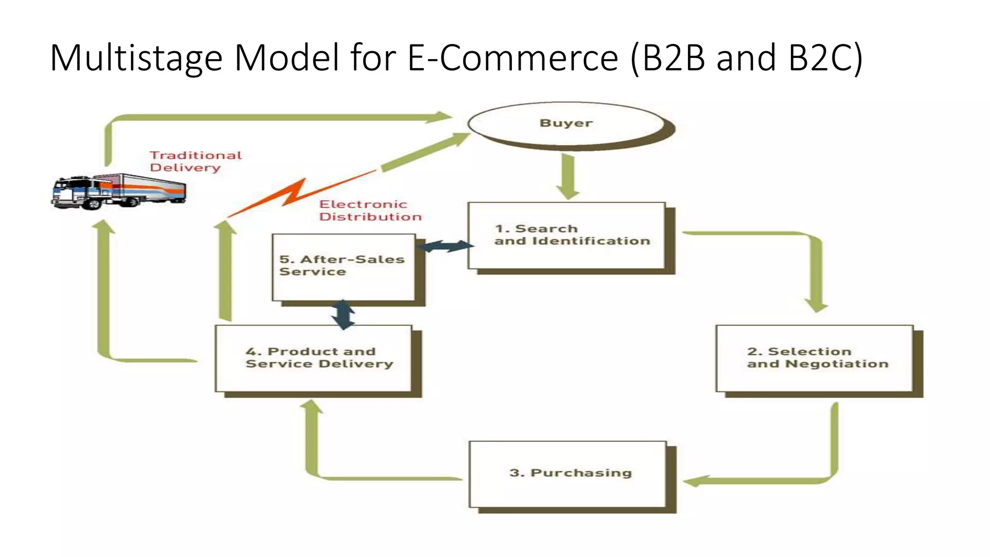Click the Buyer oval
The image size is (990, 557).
pyautogui.click(x=566, y=123)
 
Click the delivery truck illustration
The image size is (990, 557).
pyautogui.click(x=118, y=191)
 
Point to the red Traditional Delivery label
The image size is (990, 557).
pyautogui.click(x=195, y=161)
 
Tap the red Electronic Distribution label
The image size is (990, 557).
pyautogui.click(x=370, y=211)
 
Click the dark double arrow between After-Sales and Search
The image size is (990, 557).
pyautogui.click(x=445, y=247)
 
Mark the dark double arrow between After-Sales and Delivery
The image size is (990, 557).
pyautogui.click(x=343, y=314)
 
